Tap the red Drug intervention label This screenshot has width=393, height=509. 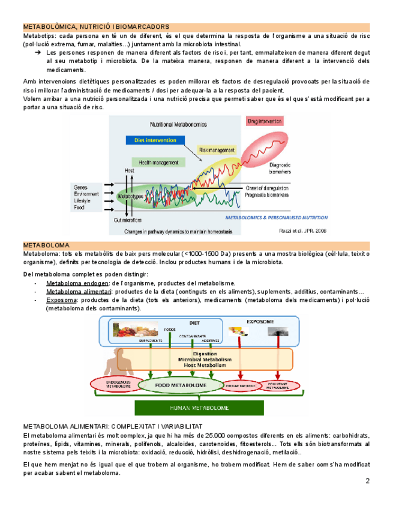pos(265,121)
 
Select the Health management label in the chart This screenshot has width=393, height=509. pos(159,163)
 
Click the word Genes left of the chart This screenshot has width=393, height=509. pos(82,187)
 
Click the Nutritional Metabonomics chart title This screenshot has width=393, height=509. pos(178,124)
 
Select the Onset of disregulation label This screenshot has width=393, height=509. pos(269,188)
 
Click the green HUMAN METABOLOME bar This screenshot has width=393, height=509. pos(199,408)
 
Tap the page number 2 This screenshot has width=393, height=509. pos(368,482)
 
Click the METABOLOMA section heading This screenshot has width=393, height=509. pos(46,245)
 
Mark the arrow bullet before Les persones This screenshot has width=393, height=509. pos(38,53)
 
